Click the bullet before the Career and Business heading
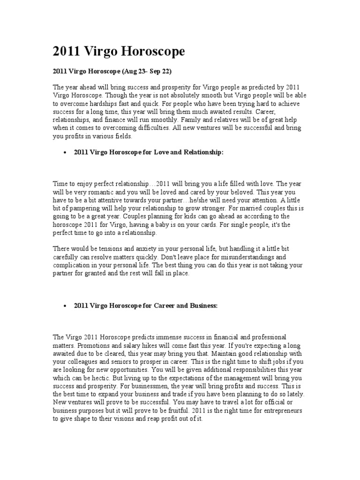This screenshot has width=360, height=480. (x=63, y=306)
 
